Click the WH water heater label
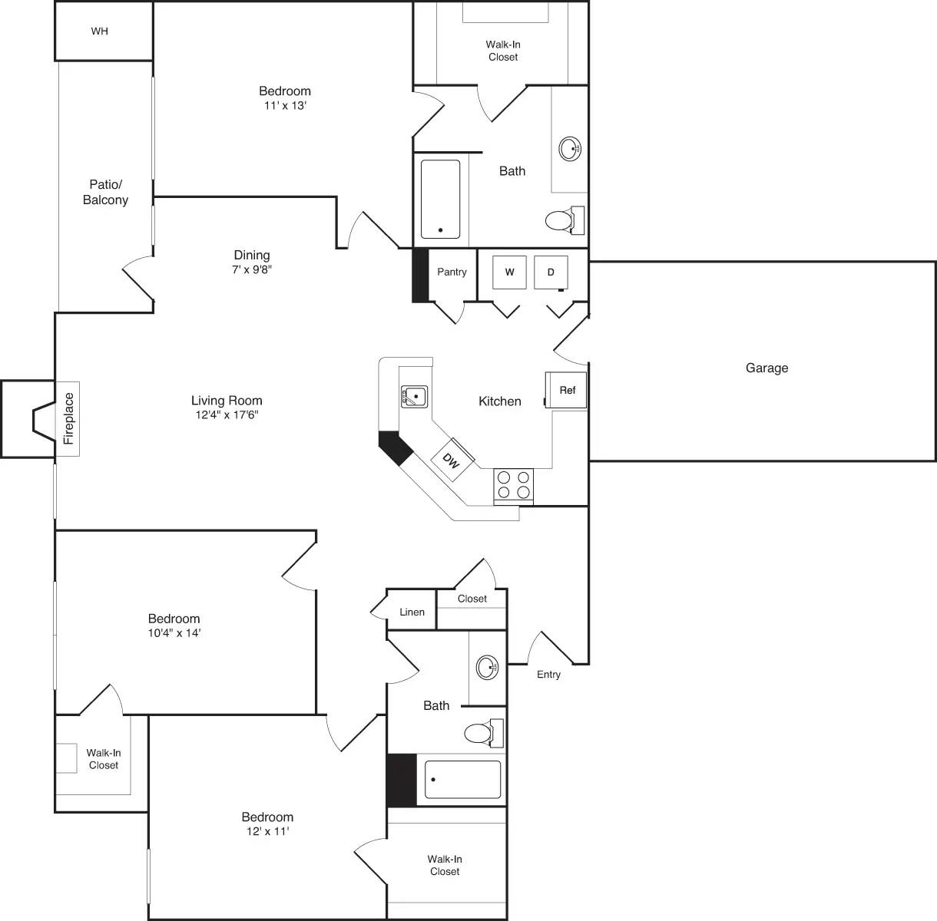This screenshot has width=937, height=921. (x=99, y=31)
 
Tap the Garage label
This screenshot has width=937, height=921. (x=766, y=368)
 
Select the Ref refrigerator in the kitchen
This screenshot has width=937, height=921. (x=567, y=390)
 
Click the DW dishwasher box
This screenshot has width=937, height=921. (x=452, y=461)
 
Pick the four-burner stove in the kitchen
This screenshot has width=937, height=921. (x=514, y=484)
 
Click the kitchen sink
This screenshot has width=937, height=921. (x=414, y=397)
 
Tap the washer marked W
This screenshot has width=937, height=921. (x=509, y=272)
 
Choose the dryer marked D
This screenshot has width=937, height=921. (x=551, y=272)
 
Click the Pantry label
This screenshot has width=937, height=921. (x=452, y=272)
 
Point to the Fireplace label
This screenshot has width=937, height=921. (x=68, y=418)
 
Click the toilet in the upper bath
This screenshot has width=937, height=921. (x=562, y=221)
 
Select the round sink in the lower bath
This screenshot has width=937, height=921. (x=487, y=667)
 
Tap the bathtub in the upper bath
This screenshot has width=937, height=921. (x=441, y=200)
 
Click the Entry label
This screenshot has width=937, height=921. (x=548, y=675)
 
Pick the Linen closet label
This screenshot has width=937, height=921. (x=412, y=612)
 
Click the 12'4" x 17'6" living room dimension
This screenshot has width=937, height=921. (x=227, y=415)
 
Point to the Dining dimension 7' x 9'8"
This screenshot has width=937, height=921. (x=252, y=270)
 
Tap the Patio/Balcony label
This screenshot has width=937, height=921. (x=105, y=192)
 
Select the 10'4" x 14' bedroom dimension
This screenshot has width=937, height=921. (x=174, y=633)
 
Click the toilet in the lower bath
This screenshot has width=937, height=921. (x=481, y=734)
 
